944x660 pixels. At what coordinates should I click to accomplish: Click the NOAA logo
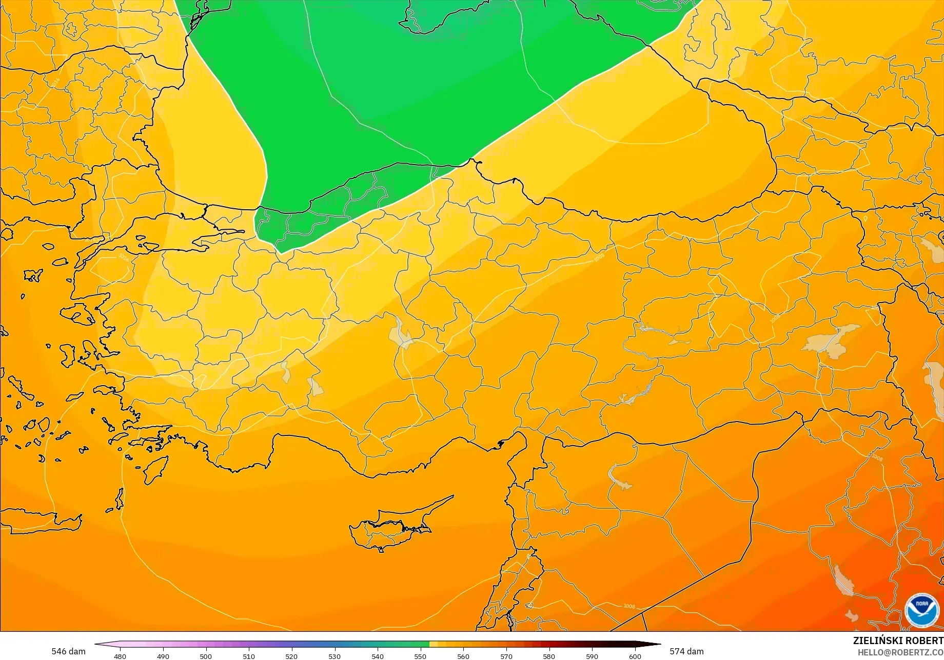point(921,610)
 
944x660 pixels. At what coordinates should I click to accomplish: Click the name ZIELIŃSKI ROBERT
point(898,641)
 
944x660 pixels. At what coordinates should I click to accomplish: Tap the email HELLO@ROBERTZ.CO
point(900,652)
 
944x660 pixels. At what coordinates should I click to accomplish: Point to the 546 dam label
point(68,651)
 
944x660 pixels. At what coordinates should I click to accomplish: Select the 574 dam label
point(686,651)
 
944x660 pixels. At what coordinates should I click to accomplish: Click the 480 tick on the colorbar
point(120,656)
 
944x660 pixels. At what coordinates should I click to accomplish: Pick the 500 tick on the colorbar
point(206,656)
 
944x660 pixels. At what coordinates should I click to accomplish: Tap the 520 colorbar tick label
point(291,656)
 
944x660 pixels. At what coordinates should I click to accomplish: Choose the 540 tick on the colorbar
point(378,656)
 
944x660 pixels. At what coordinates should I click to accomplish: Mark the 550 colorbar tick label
point(420,656)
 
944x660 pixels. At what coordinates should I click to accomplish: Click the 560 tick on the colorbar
point(463,656)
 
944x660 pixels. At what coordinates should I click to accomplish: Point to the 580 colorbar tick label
point(549,656)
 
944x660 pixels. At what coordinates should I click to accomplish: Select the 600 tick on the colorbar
point(635,656)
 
